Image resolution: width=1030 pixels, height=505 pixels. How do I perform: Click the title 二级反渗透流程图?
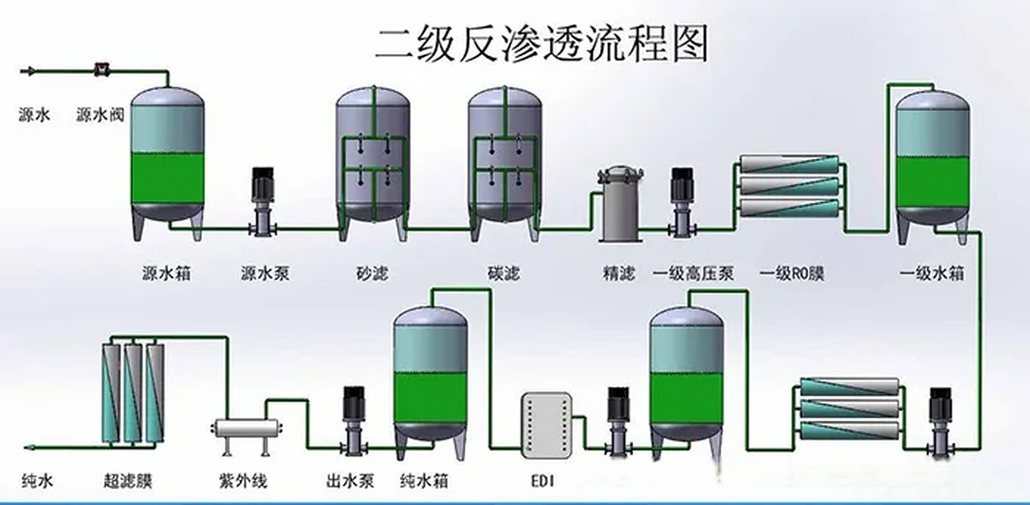[542, 44]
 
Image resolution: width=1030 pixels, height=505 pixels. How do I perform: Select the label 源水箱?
[166, 274]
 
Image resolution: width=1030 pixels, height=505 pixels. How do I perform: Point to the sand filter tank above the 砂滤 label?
[373, 160]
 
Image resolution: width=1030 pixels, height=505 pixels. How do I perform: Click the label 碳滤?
[504, 274]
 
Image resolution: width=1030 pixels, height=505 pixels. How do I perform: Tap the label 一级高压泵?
[693, 274]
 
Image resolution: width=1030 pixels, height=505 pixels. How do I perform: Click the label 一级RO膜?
[792, 274]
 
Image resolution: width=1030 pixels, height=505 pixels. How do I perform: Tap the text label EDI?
[543, 481]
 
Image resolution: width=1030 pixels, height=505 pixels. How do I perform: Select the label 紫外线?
[243, 481]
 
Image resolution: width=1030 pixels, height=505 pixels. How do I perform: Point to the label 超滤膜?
[128, 481]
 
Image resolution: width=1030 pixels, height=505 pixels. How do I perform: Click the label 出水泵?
[350, 481]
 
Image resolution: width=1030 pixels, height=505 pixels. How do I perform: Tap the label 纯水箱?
[424, 481]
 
